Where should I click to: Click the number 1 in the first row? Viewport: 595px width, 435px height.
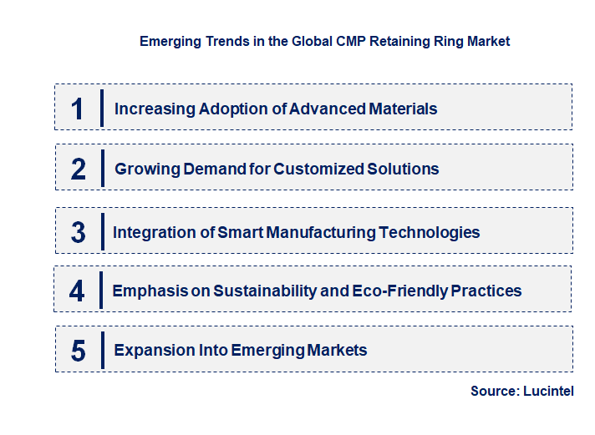78,109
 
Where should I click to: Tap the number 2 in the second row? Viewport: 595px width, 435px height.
79,169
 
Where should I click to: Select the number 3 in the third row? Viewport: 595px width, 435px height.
79,232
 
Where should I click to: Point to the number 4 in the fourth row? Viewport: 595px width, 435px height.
78,291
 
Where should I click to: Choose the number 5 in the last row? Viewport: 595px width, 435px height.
79,351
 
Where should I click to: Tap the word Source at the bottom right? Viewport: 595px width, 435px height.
494,391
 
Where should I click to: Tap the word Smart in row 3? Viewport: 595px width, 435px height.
240,232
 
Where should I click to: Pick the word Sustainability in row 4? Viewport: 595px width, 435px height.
266,291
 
